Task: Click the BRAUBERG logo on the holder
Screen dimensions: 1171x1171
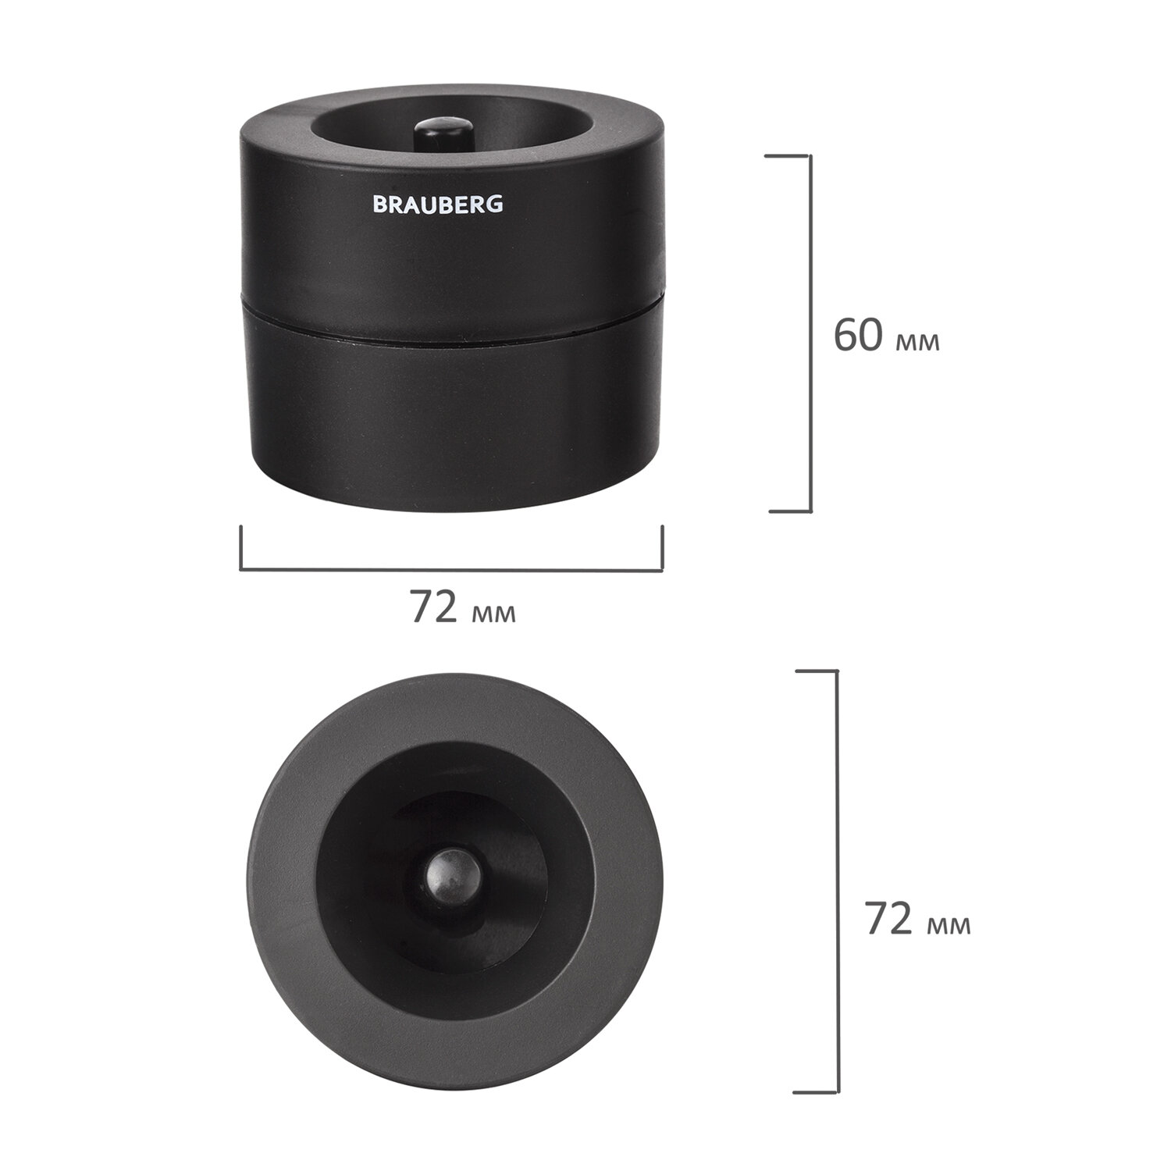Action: click(x=438, y=205)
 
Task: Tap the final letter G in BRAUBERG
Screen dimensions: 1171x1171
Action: click(x=496, y=205)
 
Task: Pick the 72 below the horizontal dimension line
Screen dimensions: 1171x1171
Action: click(x=434, y=607)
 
